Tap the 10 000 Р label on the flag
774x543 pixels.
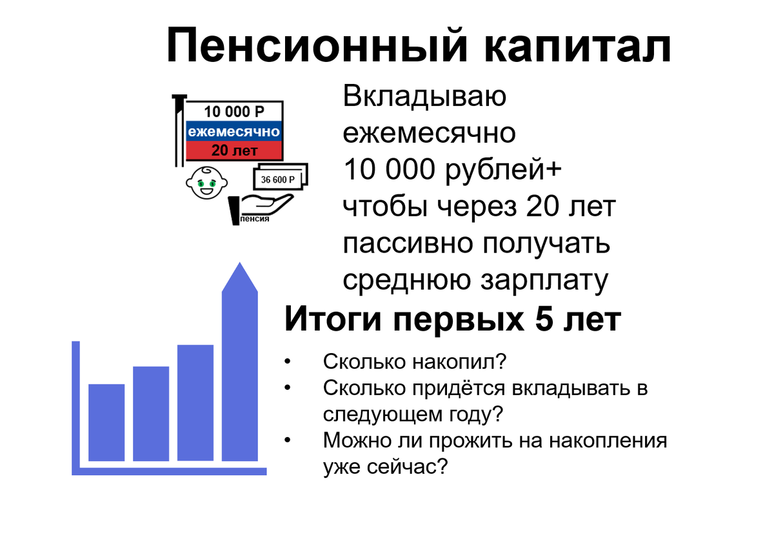[x=234, y=111]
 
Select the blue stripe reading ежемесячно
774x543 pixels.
[x=234, y=132]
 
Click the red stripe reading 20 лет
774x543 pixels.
[x=234, y=151]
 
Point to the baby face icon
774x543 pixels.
[x=206, y=184]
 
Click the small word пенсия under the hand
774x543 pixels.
[x=254, y=220]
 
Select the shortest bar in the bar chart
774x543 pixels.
[x=106, y=422]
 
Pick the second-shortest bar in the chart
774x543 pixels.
[x=151, y=413]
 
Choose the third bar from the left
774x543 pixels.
[x=195, y=403]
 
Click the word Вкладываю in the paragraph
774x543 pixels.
[x=424, y=97]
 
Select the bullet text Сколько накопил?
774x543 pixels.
[x=415, y=362]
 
